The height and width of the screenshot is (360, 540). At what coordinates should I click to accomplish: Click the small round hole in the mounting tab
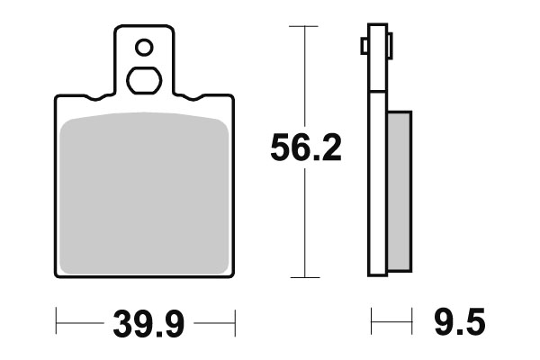pyautogui.click(x=143, y=46)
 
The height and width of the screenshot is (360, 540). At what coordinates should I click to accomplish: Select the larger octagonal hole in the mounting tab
pyautogui.click(x=143, y=79)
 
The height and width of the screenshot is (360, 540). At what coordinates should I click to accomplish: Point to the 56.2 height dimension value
pyautogui.click(x=306, y=149)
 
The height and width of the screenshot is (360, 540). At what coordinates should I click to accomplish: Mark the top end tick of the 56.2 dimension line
pyautogui.click(x=306, y=27)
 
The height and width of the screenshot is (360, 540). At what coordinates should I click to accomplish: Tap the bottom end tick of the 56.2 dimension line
pyautogui.click(x=306, y=276)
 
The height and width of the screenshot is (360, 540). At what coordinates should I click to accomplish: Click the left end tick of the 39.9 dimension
pyautogui.click(x=57, y=320)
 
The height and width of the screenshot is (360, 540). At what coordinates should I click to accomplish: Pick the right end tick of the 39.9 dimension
pyautogui.click(x=234, y=320)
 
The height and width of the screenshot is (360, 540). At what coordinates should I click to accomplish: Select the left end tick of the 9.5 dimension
pyautogui.click(x=372, y=320)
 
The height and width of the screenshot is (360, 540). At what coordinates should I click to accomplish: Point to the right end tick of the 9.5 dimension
pyautogui.click(x=411, y=320)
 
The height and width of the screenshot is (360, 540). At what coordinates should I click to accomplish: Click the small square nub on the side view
pyautogui.click(x=364, y=45)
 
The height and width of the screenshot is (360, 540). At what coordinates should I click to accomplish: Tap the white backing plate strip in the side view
pyautogui.click(x=378, y=180)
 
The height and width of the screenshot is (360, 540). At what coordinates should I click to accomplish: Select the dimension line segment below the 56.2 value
pyautogui.click(x=306, y=225)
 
